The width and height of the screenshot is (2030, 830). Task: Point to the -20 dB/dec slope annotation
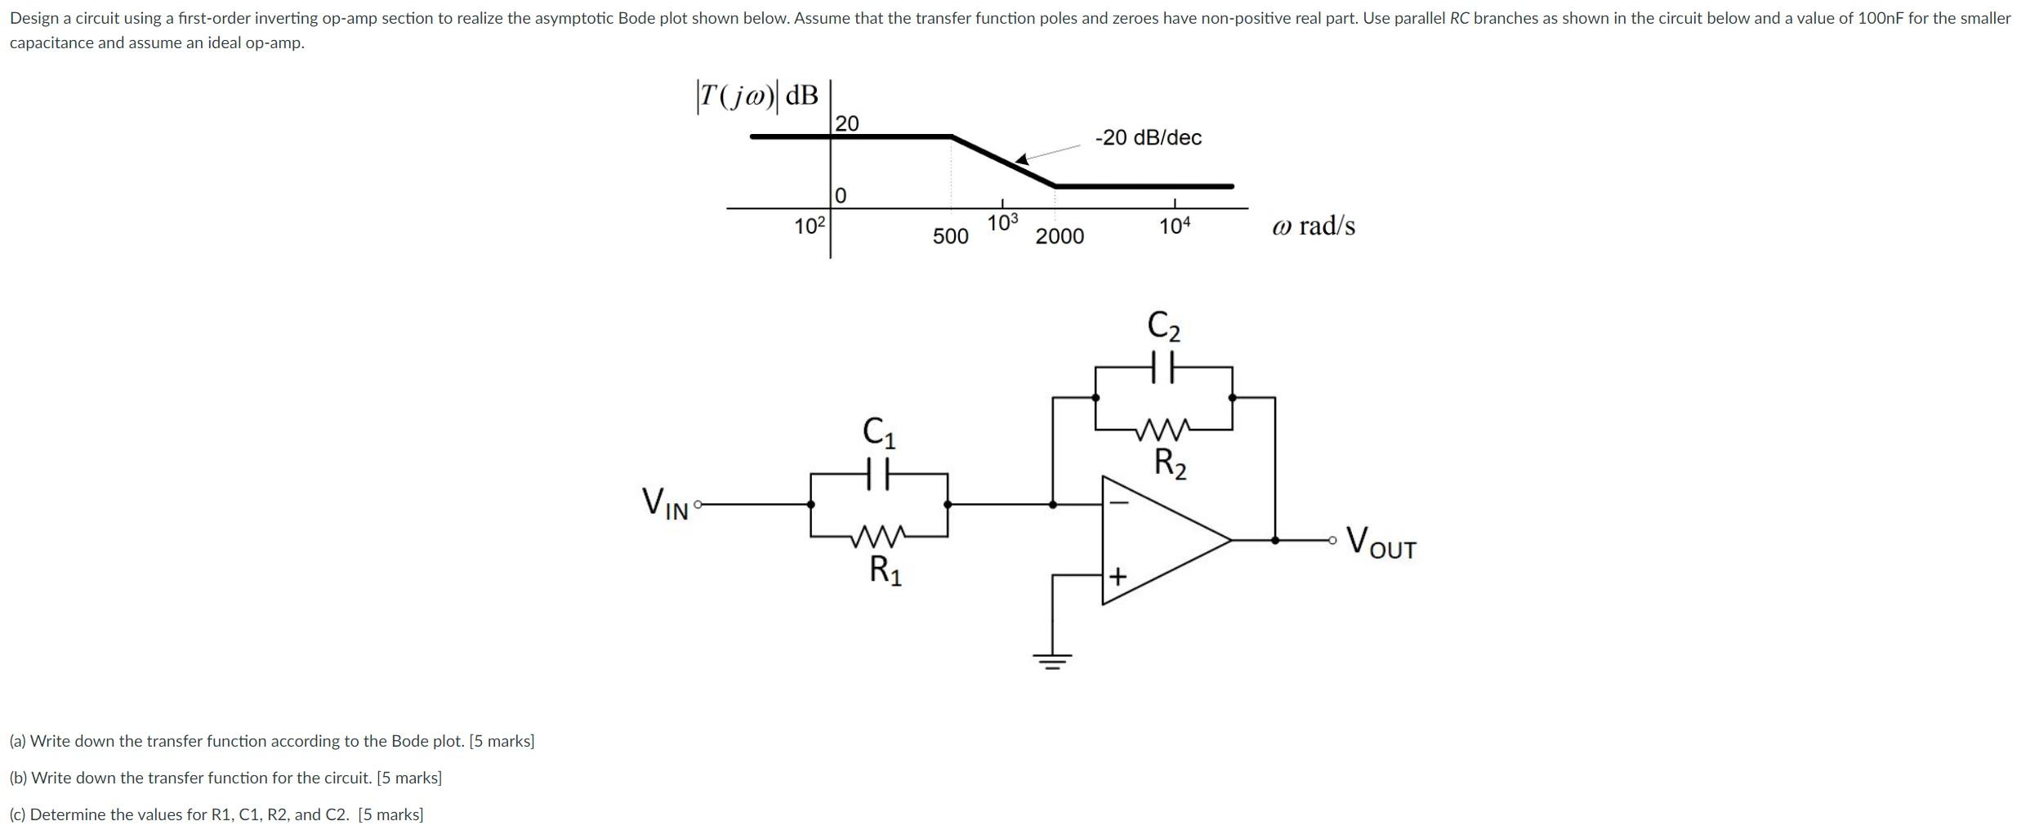point(1148,137)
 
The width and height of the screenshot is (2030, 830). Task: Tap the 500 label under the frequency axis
point(950,236)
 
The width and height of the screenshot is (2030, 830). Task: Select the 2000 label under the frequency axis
point(1060,236)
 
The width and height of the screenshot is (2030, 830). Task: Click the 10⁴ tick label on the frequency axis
point(1175,226)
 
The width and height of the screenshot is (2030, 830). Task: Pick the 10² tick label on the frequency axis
point(239,226)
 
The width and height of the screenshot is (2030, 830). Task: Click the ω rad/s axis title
point(1313,225)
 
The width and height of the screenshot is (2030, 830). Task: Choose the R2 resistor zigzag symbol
point(1163,428)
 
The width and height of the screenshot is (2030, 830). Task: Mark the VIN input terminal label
point(666,503)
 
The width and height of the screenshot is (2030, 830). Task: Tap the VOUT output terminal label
point(1381,542)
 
